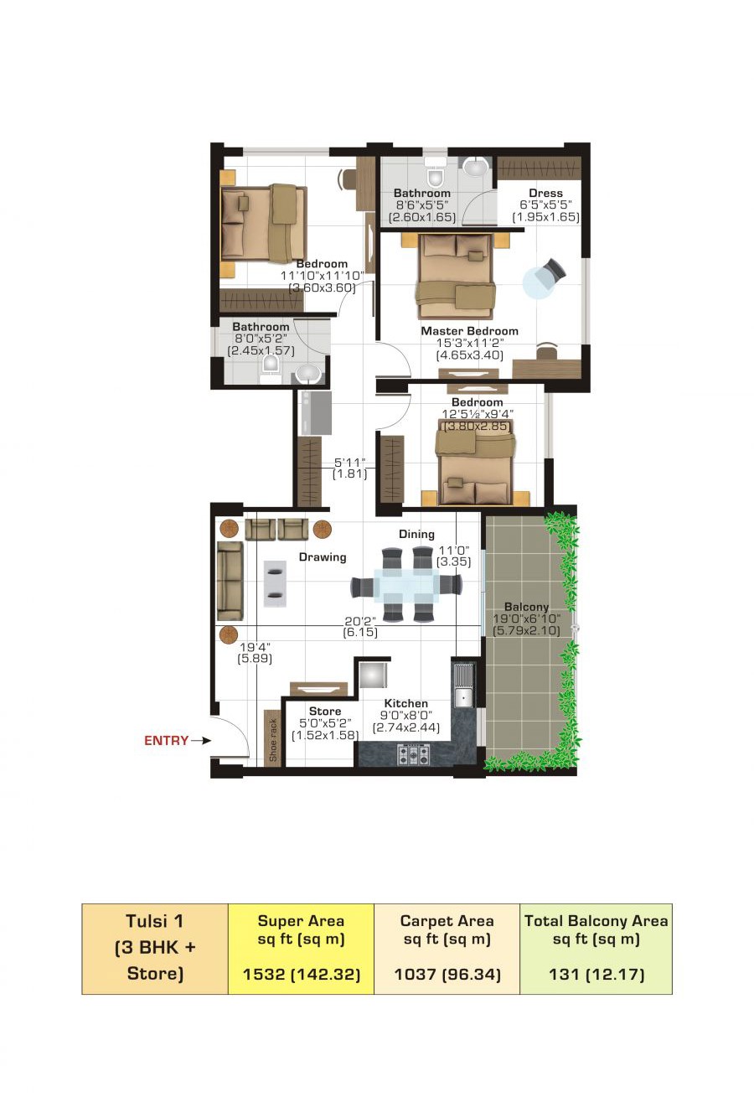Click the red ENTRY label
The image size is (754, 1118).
pyautogui.click(x=166, y=741)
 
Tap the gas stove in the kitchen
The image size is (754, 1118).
pyautogui.click(x=413, y=754)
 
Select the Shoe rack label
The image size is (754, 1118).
pyautogui.click(x=272, y=740)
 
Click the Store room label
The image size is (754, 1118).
pyautogui.click(x=325, y=711)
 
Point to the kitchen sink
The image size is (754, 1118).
pyautogui.click(x=464, y=696)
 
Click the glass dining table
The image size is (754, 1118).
pyautogui.click(x=406, y=586)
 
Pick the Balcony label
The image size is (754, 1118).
pyautogui.click(x=526, y=607)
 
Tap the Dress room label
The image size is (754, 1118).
pyautogui.click(x=545, y=193)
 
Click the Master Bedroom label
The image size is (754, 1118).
pyautogui.click(x=469, y=331)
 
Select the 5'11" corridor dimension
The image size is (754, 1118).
pyautogui.click(x=350, y=463)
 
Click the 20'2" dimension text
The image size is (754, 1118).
pyautogui.click(x=359, y=621)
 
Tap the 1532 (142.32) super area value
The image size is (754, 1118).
pyautogui.click(x=302, y=974)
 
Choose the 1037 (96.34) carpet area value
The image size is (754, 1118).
pyautogui.click(x=447, y=974)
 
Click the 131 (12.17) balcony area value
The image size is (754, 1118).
pyautogui.click(x=596, y=974)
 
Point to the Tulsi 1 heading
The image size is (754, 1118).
pyautogui.click(x=154, y=921)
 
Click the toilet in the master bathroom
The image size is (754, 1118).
pyautogui.click(x=436, y=174)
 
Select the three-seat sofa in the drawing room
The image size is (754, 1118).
pyautogui.click(x=230, y=581)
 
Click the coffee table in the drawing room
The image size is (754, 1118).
pyautogui.click(x=275, y=583)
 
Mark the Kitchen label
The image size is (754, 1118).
pyautogui.click(x=405, y=703)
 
